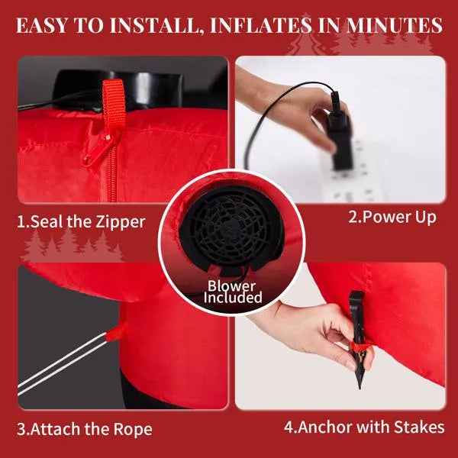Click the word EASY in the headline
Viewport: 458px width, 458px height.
[42, 26]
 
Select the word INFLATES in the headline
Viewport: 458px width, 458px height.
[261, 26]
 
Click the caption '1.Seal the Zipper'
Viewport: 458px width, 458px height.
[81, 222]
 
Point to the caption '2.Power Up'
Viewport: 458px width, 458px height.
[392, 218]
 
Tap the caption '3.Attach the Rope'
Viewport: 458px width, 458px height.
[85, 429]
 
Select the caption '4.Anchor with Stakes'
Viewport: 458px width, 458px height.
[364, 427]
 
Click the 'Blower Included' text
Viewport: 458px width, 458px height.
[233, 292]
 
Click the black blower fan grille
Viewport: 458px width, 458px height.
[231, 227]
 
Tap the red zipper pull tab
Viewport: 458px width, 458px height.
[98, 148]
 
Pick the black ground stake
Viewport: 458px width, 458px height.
[358, 339]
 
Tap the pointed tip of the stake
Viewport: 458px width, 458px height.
[360, 389]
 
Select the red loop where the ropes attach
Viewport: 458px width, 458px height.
[114, 332]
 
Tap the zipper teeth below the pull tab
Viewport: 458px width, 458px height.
[111, 178]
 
